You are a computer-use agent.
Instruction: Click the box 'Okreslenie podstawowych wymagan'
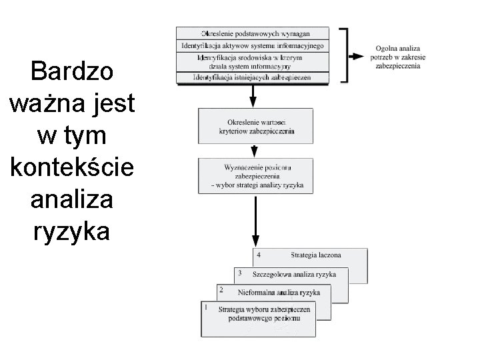(252, 33)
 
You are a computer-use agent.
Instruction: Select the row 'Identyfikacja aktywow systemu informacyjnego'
(252, 46)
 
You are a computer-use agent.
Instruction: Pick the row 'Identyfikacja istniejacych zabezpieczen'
(252, 78)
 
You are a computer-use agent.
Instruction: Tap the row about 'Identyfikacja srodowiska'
(252, 62)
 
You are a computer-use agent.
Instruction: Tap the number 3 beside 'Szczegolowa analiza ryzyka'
(239, 273)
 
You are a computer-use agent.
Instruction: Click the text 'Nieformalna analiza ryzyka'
(279, 292)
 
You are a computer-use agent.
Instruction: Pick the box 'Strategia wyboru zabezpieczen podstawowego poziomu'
(267, 319)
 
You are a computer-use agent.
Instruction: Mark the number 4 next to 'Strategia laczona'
(258, 254)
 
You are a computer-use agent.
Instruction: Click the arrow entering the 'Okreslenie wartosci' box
(253, 97)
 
